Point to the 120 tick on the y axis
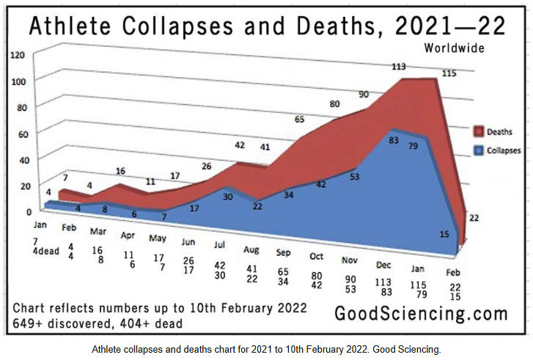click(x=18, y=55)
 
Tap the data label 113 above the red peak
click(x=399, y=67)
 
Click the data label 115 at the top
click(x=449, y=73)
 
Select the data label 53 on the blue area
click(x=354, y=177)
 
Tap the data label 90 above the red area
click(x=364, y=95)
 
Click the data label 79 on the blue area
click(x=413, y=146)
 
